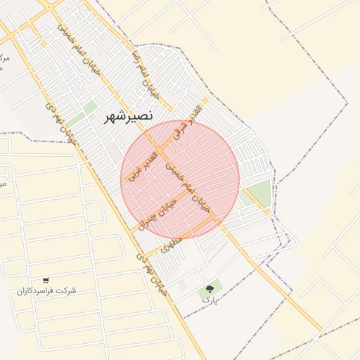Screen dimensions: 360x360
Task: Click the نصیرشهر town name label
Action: click(128, 116)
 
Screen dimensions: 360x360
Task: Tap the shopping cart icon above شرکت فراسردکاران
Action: click(46, 281)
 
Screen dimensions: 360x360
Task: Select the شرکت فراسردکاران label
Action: click(46, 291)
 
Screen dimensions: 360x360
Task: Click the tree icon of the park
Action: click(209, 288)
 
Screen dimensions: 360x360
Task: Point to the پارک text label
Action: click(208, 300)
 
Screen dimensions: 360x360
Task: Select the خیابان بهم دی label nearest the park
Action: click(152, 274)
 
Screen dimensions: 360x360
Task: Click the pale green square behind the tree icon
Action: click(210, 287)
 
